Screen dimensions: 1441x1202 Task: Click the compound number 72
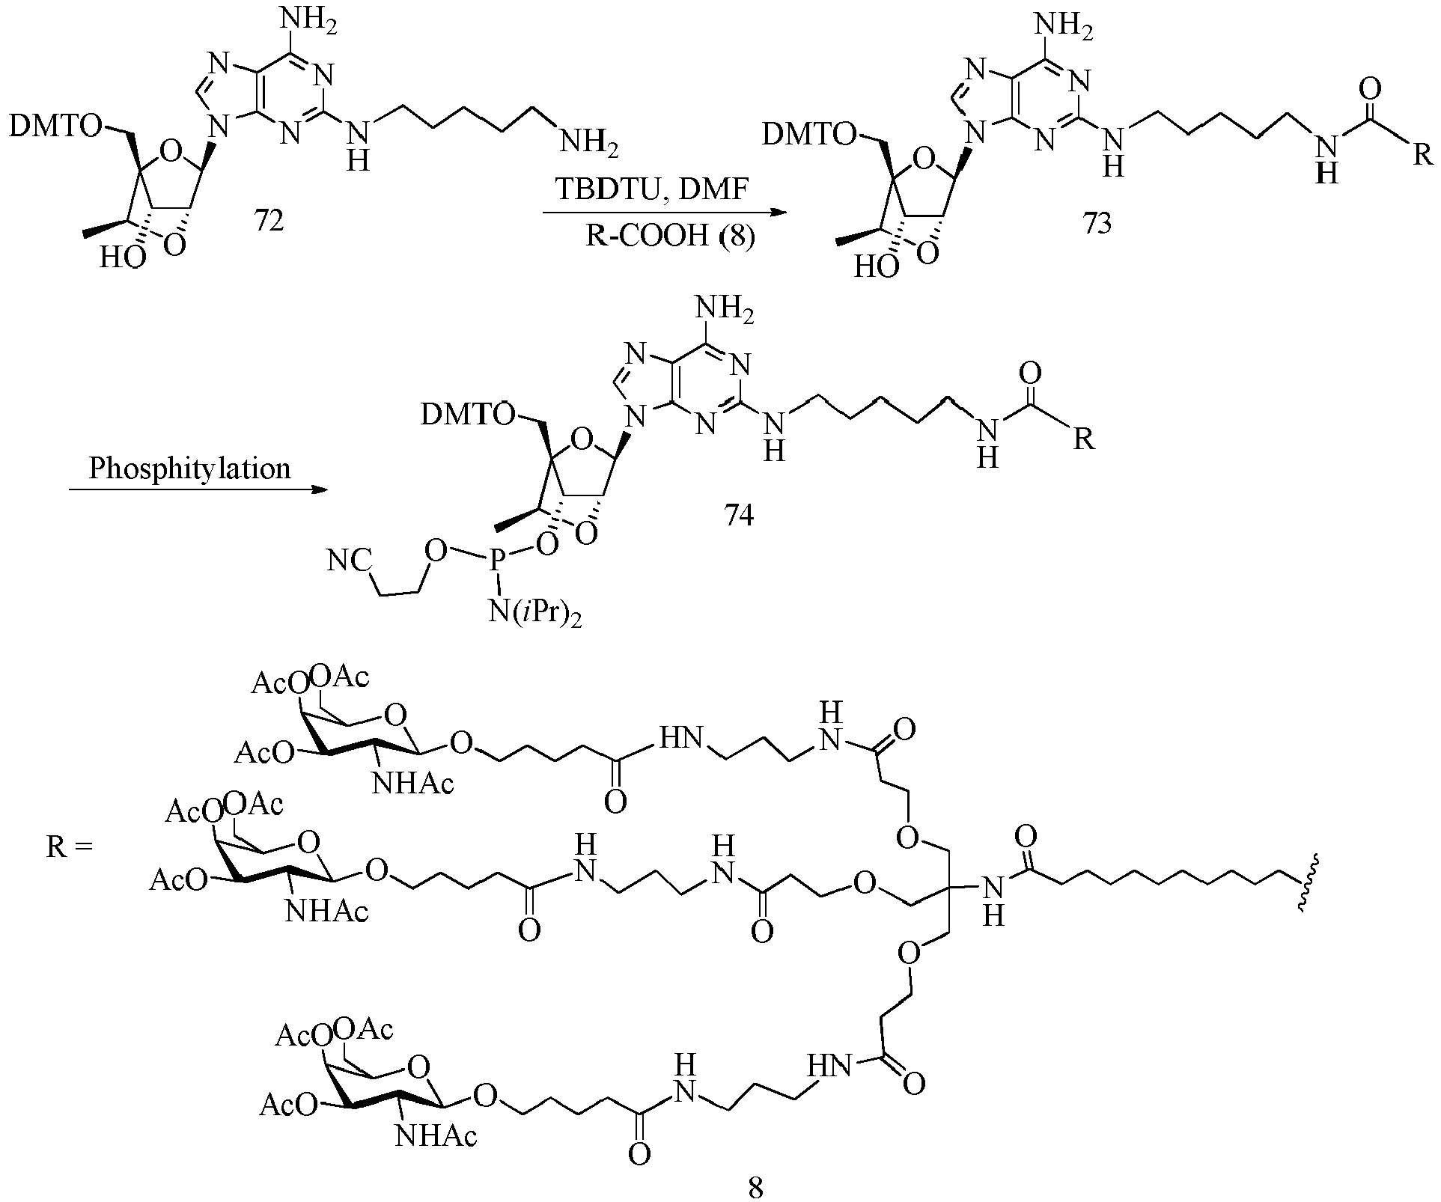(x=269, y=221)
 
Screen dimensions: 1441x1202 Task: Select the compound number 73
(x=1097, y=224)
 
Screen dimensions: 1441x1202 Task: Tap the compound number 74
(x=739, y=516)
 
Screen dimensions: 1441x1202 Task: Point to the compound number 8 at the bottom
(x=756, y=1188)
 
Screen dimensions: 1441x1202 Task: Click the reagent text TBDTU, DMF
(x=651, y=190)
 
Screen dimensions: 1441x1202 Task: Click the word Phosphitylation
(x=189, y=469)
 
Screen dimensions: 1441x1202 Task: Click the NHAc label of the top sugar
(x=412, y=784)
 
